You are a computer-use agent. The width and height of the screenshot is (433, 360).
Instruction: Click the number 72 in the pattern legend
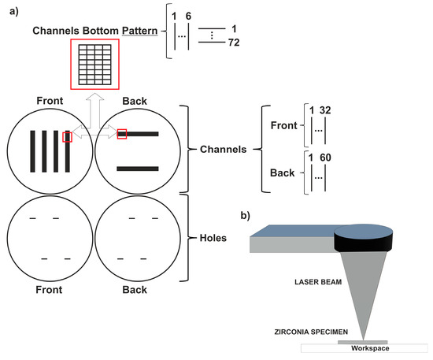tap(234, 43)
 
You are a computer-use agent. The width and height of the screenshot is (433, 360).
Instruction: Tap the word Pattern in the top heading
tap(139, 31)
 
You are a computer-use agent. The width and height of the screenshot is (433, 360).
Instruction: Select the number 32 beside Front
tap(325, 110)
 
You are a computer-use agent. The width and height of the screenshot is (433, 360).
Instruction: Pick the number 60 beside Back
tap(325, 158)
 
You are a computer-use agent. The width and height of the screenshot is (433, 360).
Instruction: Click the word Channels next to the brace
tap(223, 150)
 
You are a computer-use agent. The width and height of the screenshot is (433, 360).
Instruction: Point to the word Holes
tap(213, 238)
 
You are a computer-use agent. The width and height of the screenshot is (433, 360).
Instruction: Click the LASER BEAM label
tap(318, 282)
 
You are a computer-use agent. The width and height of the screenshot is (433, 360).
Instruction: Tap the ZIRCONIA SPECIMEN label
tap(311, 332)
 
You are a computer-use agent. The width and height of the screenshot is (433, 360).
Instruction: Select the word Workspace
tap(370, 348)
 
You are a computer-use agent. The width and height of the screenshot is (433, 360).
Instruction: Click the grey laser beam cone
tap(363, 288)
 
